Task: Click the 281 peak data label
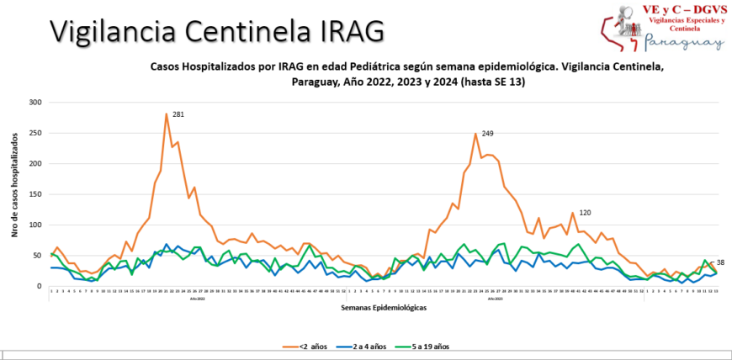[x=178, y=114]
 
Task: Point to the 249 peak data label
[x=488, y=133]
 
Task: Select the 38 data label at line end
[x=719, y=263]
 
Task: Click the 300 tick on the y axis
[x=34, y=103]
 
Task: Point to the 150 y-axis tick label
[x=34, y=194]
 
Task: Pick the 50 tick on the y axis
[x=36, y=256]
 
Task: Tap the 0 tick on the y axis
[x=39, y=286]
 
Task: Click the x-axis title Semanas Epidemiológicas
[x=384, y=309]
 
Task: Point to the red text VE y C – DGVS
[x=681, y=8]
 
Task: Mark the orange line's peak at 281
[x=167, y=114]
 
